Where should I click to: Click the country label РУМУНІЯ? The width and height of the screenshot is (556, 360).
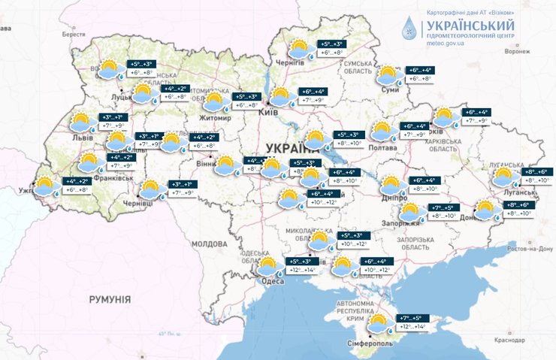pyautogui.click(x=110, y=299)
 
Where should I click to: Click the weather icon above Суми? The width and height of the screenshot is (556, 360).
pyautogui.click(x=388, y=74)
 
